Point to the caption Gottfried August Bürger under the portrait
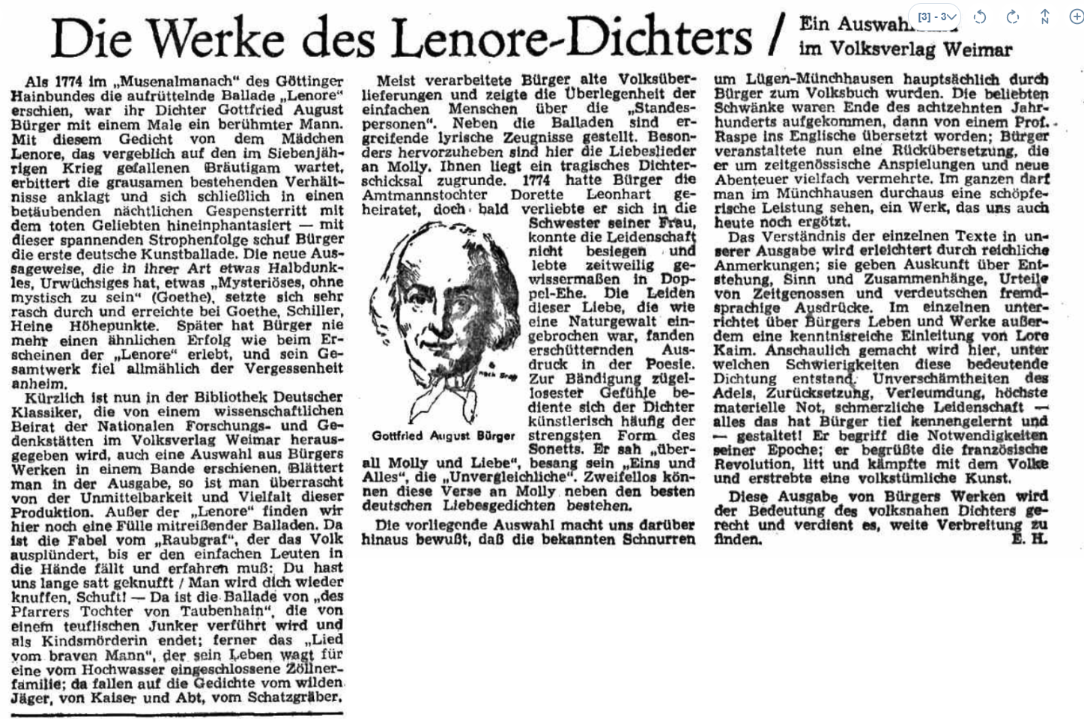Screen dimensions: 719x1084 click(443, 436)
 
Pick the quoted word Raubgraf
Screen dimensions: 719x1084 click(190, 540)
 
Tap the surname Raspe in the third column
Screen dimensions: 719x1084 click(737, 136)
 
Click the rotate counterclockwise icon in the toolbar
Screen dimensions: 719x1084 click(980, 17)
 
